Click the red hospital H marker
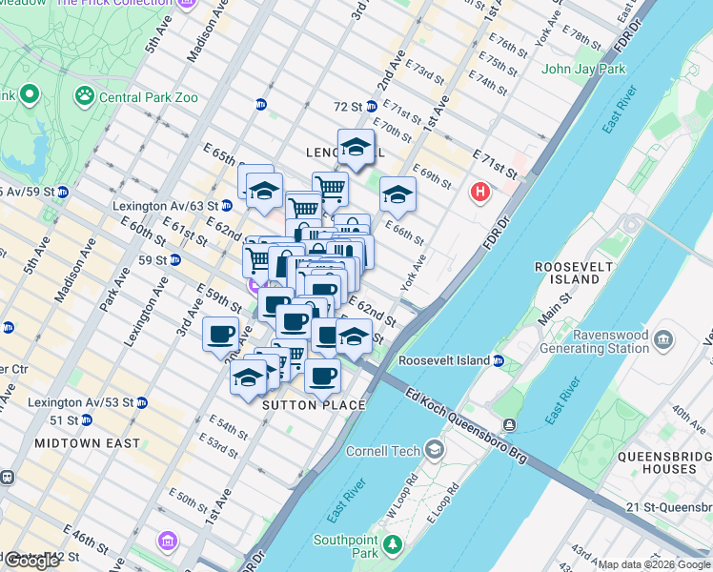tap(479, 193)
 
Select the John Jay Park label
tap(583, 69)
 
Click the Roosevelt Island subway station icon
tap(499, 360)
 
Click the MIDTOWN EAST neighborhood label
tap(87, 443)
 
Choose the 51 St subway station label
tap(64, 420)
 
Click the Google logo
tap(31, 561)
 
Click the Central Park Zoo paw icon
tap(85, 95)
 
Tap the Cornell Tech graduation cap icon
tap(435, 449)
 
